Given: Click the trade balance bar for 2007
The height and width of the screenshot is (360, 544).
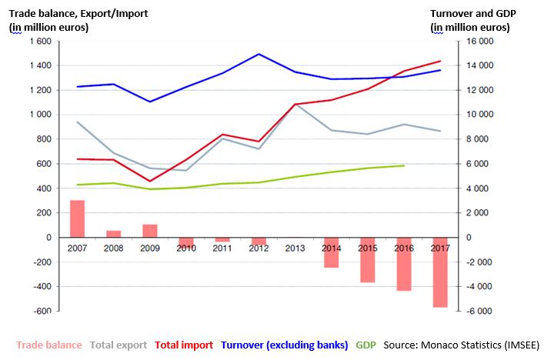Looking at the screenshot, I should (78, 218).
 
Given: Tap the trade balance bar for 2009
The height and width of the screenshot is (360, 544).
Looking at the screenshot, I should (150, 231).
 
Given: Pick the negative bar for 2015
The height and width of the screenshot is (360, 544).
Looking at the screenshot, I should (368, 260).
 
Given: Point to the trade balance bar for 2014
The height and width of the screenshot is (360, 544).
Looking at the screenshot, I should (332, 252).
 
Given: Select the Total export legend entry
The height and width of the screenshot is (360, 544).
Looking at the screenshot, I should (119, 345).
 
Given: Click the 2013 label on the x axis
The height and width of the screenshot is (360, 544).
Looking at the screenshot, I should (295, 249).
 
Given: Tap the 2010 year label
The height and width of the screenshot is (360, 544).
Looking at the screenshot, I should (185, 249).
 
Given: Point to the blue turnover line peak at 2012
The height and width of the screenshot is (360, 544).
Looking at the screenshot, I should (259, 54).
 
